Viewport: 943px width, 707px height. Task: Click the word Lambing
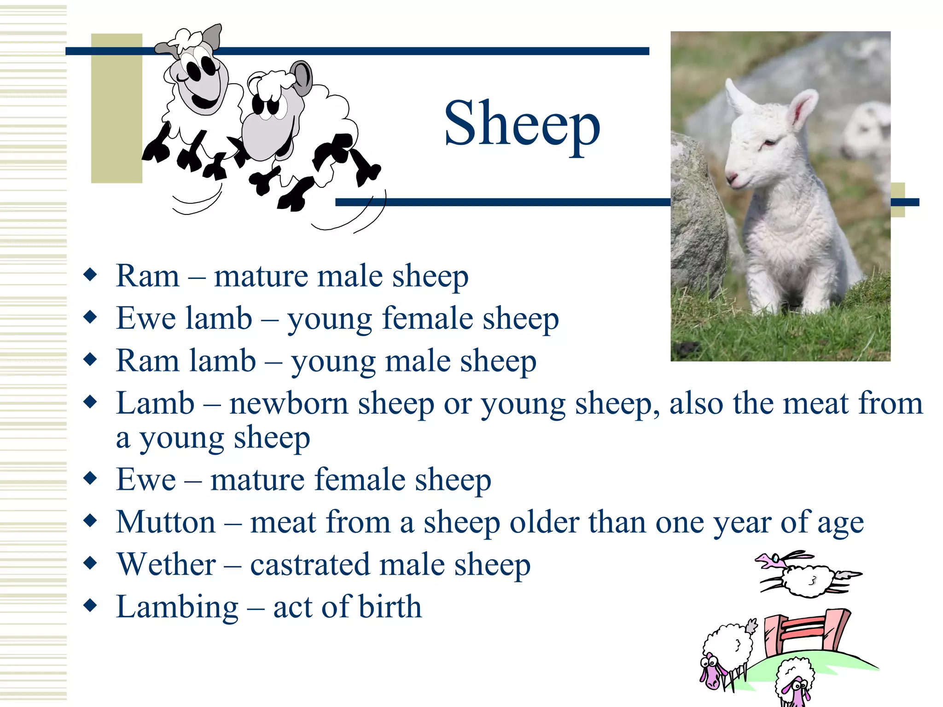[x=177, y=607]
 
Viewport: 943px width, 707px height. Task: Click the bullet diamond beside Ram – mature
[x=91, y=275]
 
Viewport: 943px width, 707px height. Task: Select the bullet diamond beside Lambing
[x=91, y=605]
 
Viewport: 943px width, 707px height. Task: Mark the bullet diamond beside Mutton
[x=91, y=521]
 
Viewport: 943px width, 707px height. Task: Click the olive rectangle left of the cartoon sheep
[x=116, y=109]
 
